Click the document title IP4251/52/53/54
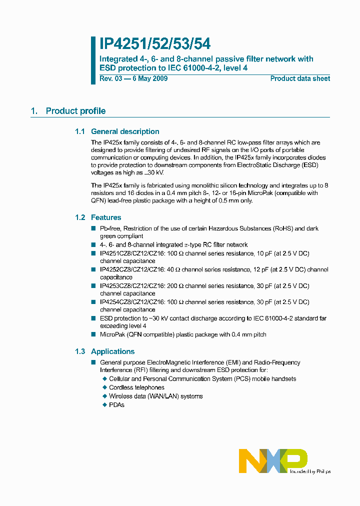tap(155, 43)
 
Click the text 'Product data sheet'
tap(300, 78)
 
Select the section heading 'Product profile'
tap(75, 111)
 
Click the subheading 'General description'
tap(125, 131)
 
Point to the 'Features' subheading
tap(106, 217)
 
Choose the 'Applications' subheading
tap(112, 351)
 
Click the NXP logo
tap(272, 460)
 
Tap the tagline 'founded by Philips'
tap(310, 471)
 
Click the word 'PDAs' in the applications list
tap(116, 404)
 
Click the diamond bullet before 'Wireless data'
tap(104, 396)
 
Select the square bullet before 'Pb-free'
tap(93, 228)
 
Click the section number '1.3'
tap(80, 351)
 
